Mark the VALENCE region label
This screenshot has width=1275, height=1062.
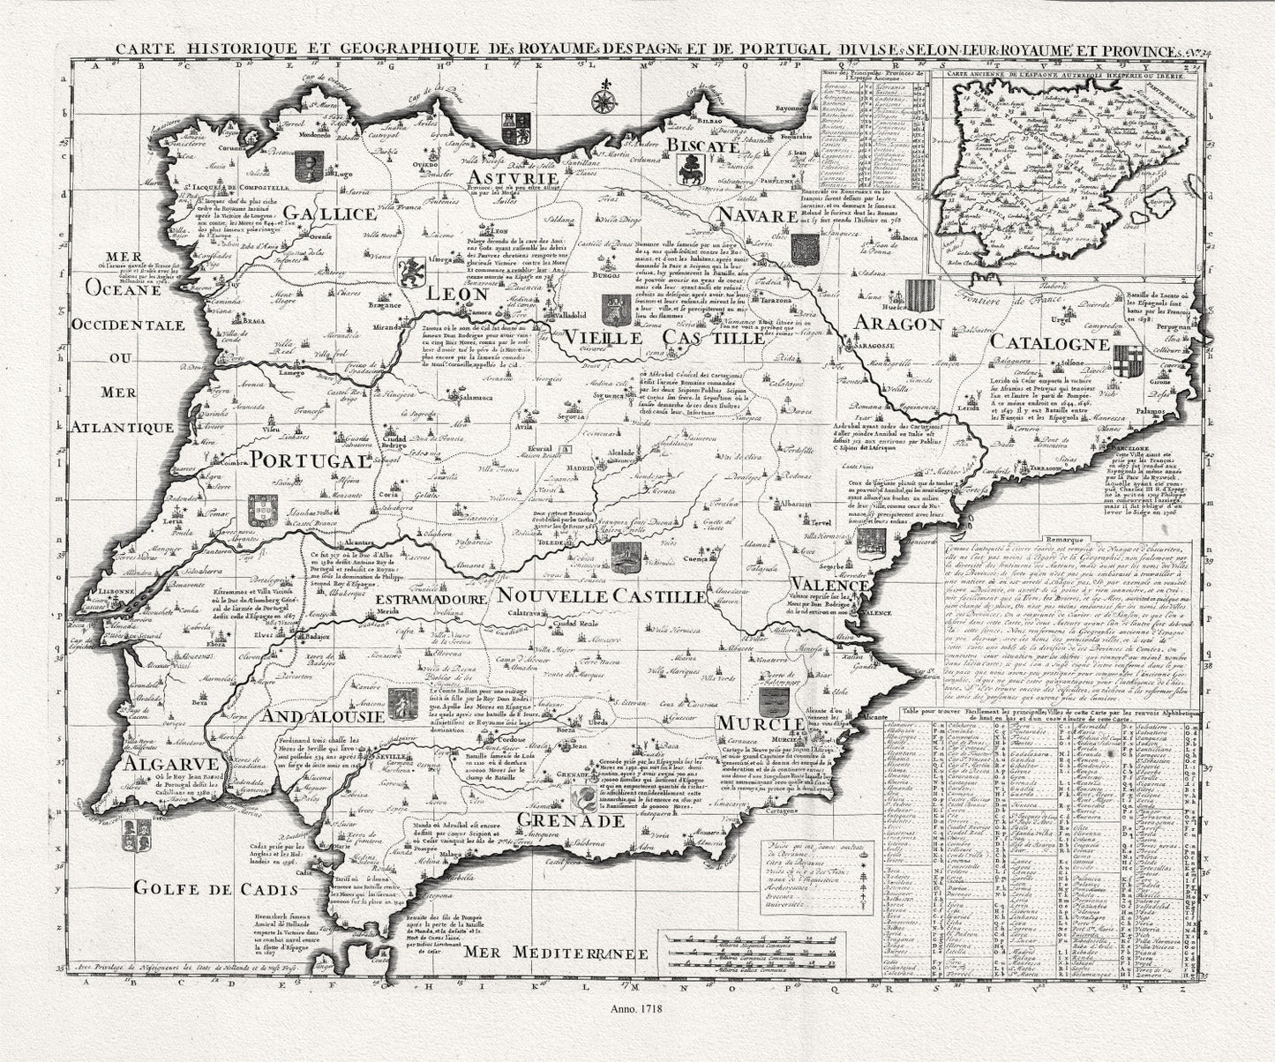point(830,586)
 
